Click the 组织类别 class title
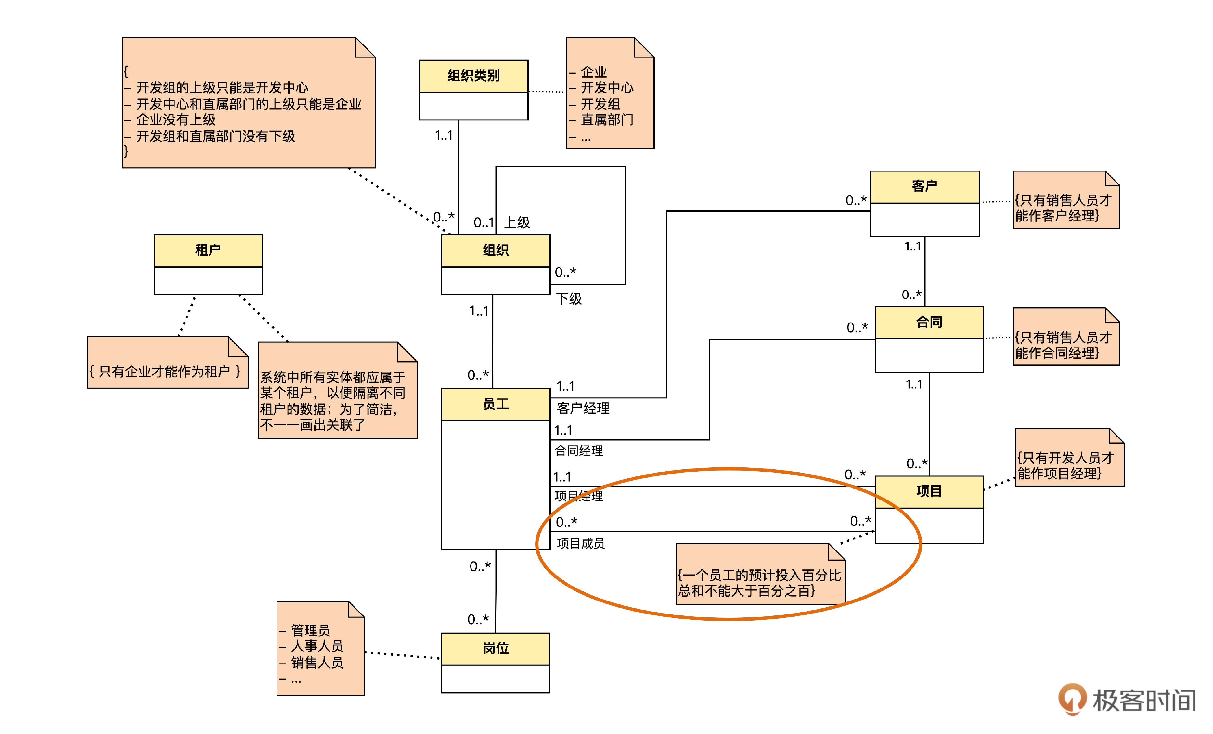point(473,76)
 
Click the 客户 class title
point(924,186)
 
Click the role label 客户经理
point(583,408)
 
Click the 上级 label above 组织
point(517,222)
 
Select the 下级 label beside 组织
point(569,298)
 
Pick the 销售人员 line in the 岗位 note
point(316,663)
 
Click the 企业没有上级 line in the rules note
point(176,120)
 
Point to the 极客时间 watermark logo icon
point(1072,699)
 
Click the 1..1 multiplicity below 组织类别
point(444,135)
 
